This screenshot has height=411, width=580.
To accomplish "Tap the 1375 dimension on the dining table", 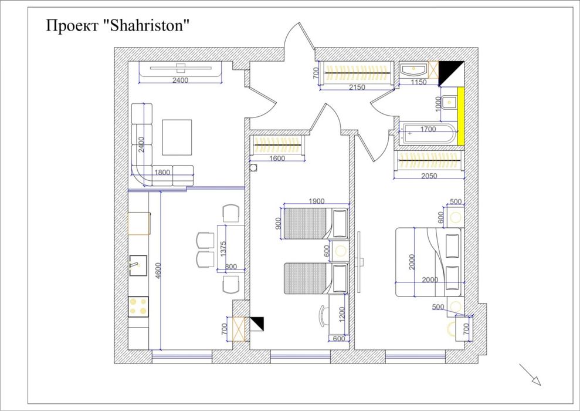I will [223, 248].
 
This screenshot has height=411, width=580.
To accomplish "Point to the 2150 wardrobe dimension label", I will [357, 87].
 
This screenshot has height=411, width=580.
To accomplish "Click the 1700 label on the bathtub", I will [428, 129].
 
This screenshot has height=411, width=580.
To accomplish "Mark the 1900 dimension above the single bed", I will [316, 201].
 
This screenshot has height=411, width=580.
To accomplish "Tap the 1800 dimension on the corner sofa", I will [162, 172].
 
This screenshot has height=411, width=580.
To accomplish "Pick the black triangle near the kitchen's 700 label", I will [257, 323].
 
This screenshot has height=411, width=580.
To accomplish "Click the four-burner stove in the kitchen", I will [138, 306].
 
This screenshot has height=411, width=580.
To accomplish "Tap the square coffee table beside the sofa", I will [177, 137].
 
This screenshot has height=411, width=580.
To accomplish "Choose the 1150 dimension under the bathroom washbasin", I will [418, 82].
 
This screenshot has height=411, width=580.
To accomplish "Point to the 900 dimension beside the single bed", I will [278, 224].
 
